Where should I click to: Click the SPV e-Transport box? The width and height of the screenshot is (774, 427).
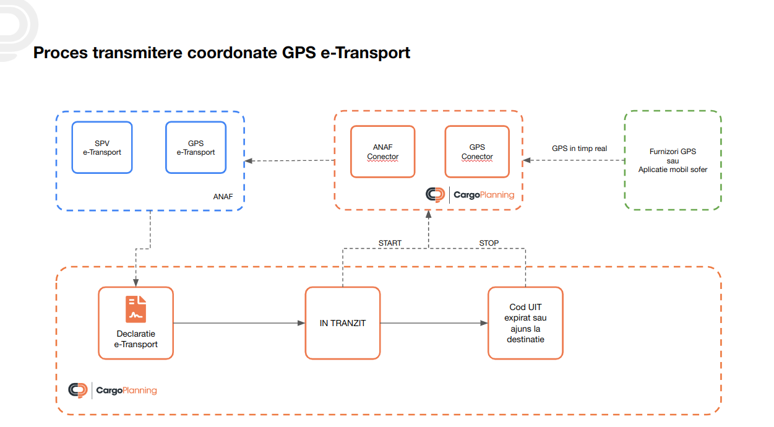tap(102, 147)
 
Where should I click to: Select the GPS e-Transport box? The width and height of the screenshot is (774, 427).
tap(196, 147)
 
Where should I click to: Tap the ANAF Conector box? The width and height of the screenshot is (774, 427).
tap(382, 152)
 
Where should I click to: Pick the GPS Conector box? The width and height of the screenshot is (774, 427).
tap(476, 152)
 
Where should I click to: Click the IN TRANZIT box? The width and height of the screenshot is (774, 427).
tap(342, 322)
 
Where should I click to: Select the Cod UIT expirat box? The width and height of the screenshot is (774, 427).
tap(525, 322)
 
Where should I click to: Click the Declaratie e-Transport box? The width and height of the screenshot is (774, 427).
tap(135, 322)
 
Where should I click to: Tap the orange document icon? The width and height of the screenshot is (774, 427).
tap(136, 309)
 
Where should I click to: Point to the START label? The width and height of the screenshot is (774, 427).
tap(390, 243)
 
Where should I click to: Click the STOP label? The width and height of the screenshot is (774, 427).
tap(489, 243)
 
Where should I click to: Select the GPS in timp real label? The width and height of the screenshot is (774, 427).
tap(579, 149)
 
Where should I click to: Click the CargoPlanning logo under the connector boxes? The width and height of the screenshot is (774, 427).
tap(470, 194)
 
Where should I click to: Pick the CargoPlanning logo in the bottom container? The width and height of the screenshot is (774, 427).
tap(113, 390)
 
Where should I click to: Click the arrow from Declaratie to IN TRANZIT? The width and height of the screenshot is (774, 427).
tap(239, 323)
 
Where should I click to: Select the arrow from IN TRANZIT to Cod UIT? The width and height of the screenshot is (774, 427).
tap(433, 323)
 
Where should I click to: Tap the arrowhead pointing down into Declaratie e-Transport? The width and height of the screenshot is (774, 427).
tap(135, 283)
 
